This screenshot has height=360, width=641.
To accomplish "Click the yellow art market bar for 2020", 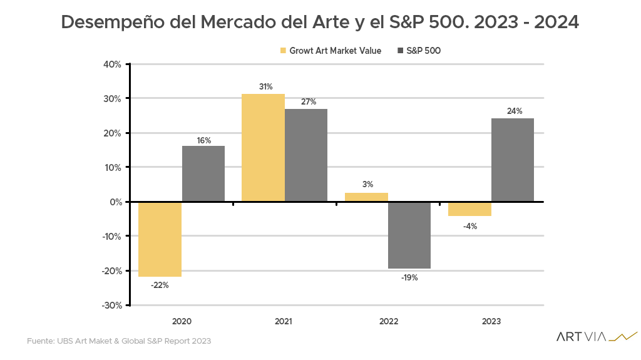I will click(160, 239).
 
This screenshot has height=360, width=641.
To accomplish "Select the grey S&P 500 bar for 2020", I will click(203, 173).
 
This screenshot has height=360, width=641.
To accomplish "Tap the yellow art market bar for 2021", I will click(263, 148).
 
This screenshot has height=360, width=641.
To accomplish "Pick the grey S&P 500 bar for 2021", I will click(306, 155).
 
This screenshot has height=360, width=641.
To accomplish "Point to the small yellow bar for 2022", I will click(366, 197).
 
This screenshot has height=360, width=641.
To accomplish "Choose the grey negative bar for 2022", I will click(409, 235).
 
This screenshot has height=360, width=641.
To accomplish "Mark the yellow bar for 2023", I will click(469, 208).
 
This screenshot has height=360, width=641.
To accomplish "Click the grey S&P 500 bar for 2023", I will click(513, 160).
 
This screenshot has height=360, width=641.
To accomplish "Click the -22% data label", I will click(160, 285).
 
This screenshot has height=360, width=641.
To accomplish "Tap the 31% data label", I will click(266, 86).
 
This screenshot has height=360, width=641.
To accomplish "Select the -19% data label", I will click(409, 277).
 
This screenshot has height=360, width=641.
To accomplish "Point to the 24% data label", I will click(514, 111).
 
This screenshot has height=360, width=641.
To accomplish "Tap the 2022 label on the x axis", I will click(388, 321).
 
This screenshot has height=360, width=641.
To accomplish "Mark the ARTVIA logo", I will click(596, 337).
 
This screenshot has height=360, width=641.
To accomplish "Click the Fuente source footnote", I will click(119, 341).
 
